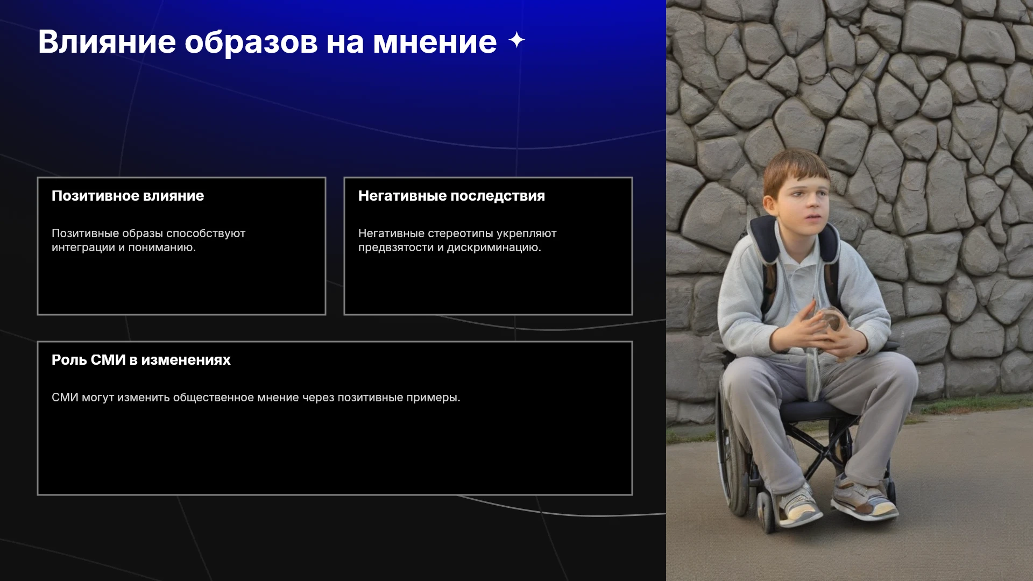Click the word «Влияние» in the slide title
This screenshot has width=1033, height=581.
click(x=107, y=42)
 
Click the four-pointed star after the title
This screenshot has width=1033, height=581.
click(x=516, y=40)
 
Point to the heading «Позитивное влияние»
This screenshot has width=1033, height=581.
click(x=128, y=196)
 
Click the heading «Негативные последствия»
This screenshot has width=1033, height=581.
click(x=451, y=196)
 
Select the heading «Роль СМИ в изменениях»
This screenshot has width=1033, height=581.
click(x=141, y=360)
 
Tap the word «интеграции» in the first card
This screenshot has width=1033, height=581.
click(x=83, y=248)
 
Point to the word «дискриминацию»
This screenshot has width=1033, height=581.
click(x=494, y=248)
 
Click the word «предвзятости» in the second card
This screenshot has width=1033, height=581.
click(x=396, y=248)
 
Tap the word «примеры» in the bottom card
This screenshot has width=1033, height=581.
click(x=433, y=398)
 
